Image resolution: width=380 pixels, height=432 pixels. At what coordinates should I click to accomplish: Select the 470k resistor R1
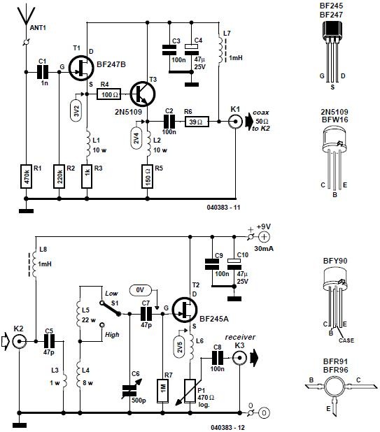pos(26,178)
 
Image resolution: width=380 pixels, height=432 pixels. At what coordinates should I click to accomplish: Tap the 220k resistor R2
pos(60,178)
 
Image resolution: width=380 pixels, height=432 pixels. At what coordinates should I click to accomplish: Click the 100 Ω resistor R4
pos(109,92)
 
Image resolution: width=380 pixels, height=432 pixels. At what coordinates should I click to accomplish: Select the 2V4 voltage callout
pos(136,137)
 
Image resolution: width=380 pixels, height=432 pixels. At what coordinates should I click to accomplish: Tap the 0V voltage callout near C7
pos(141,289)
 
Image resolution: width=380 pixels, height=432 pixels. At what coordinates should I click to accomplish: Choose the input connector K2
pos(20,341)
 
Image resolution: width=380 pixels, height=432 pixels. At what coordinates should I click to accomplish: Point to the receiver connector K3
pos(239,358)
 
